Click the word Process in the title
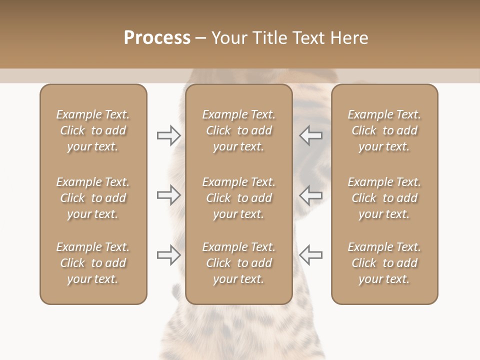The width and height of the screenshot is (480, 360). [157, 38]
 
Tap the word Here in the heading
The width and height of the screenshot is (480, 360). [349, 38]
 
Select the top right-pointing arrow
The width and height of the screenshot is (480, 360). [168, 135]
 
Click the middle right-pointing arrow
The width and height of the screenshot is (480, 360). [168, 195]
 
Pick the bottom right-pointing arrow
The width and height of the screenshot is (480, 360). [168, 255]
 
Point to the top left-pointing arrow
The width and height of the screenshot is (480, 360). [310, 135]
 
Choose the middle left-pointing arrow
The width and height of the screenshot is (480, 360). [310, 195]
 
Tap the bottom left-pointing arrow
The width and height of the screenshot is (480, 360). [310, 255]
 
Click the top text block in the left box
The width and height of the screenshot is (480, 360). [93, 130]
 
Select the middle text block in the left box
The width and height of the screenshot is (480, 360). [93, 198]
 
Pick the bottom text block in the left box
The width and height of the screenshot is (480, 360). [93, 263]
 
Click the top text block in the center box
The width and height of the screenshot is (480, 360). [238, 130]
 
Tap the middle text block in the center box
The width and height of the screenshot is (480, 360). [238, 198]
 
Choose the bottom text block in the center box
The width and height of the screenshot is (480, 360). [238, 263]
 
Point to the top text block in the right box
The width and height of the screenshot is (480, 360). [384, 130]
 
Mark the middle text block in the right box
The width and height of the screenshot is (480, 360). [384, 198]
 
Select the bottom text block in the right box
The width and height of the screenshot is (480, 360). [384, 263]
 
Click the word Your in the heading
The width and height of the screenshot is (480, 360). [229, 38]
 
